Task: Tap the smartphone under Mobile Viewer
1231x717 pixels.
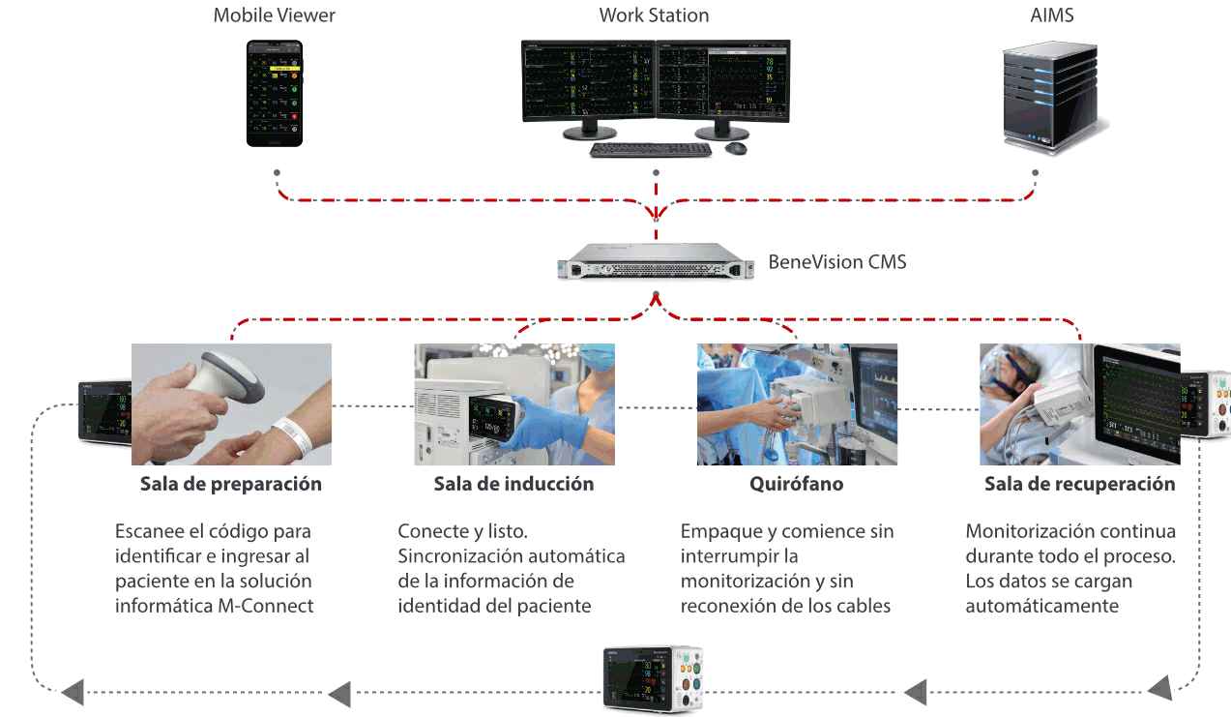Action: coord(274,93)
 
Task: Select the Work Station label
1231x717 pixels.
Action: coord(654,15)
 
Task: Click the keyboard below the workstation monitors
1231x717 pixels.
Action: coord(650,149)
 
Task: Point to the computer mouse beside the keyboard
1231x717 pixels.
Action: coord(736,148)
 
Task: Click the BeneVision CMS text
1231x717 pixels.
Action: coord(837,261)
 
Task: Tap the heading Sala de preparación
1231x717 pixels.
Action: coord(230,484)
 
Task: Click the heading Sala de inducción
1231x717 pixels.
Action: coord(513,484)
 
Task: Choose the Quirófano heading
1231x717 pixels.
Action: coord(797,484)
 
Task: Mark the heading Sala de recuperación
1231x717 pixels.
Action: coord(1079,484)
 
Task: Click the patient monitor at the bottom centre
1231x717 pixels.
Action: coord(653,680)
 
